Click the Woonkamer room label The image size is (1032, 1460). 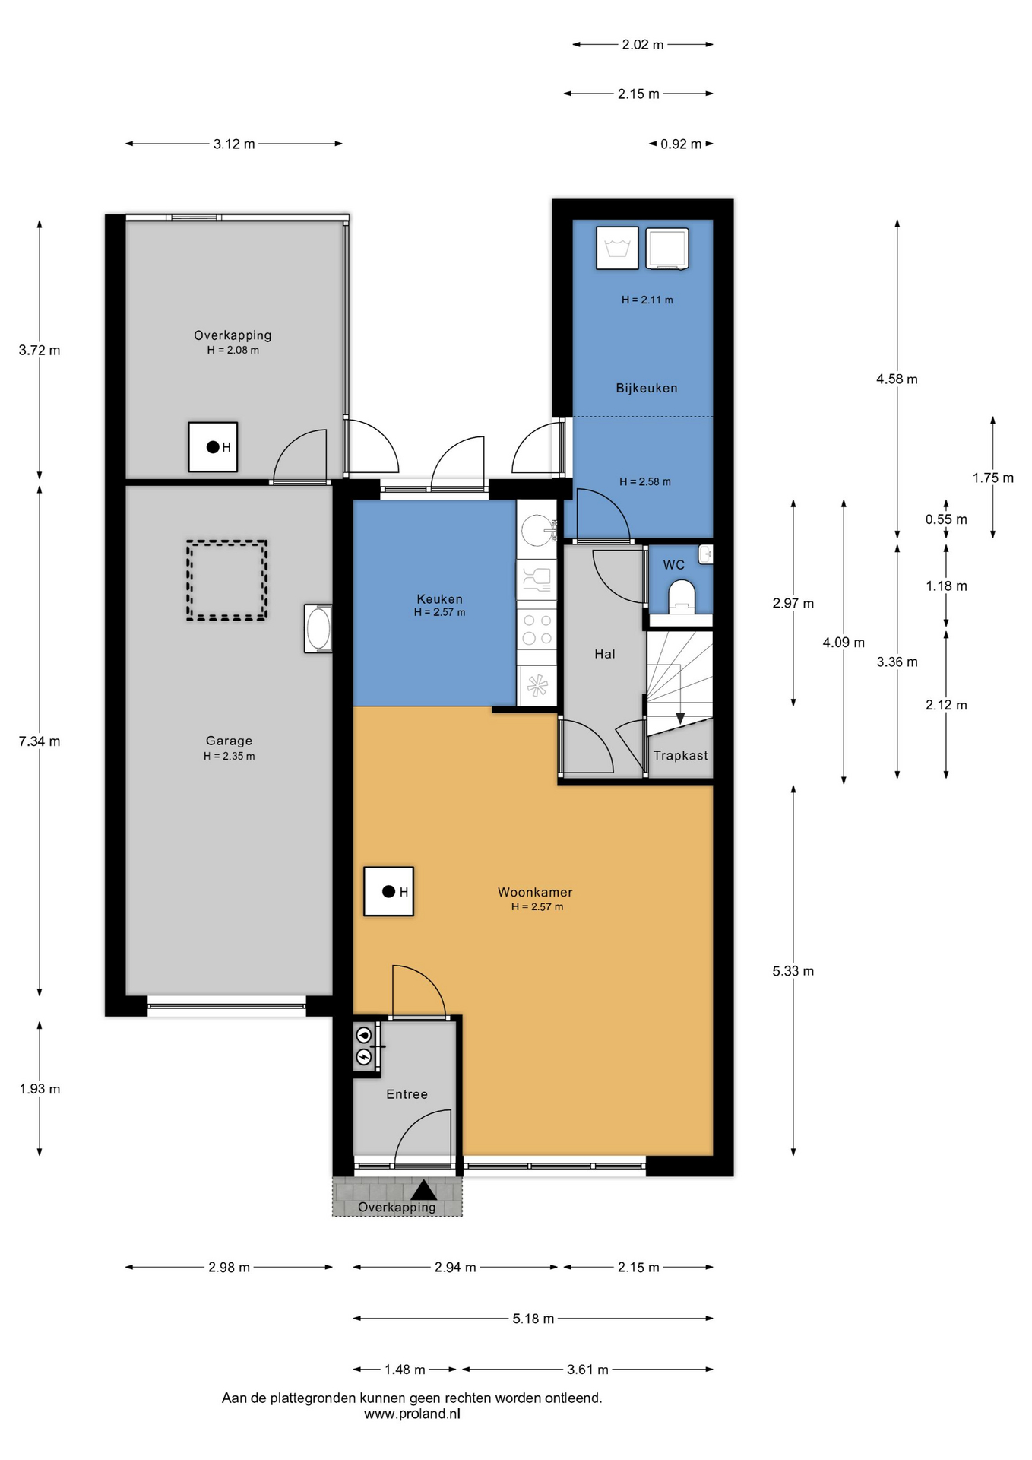point(535,892)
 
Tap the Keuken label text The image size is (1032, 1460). point(439,599)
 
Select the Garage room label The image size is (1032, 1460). point(229,741)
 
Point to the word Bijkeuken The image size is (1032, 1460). point(646,388)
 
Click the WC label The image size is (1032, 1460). point(673,565)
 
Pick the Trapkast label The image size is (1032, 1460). point(680,755)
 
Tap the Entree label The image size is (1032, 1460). point(407,1094)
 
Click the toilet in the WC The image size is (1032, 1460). point(682,597)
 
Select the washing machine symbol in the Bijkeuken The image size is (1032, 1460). point(617,248)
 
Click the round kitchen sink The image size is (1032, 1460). point(538,528)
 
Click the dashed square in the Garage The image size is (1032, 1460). point(226,581)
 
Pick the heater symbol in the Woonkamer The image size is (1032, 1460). point(389,892)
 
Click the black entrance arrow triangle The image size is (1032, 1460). point(423,1190)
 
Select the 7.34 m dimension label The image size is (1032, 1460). point(40,741)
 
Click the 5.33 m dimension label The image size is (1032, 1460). point(793,971)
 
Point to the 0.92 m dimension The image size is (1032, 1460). point(680,144)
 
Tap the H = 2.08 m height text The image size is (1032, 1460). point(233,351)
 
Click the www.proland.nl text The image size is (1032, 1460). point(412,1414)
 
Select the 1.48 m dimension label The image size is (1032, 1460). point(404,1370)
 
